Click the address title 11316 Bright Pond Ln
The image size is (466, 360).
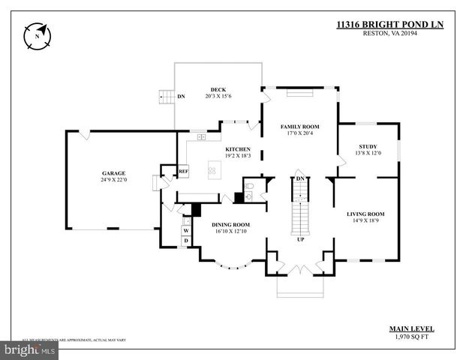click(389, 25)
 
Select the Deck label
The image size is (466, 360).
click(218, 89)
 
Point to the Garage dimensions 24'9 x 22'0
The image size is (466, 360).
click(114, 180)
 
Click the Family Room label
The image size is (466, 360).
click(300, 127)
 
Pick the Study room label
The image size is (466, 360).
click(368, 146)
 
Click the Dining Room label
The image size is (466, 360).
click(231, 224)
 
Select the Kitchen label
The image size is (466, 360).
click(238, 148)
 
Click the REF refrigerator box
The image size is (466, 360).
click(183, 172)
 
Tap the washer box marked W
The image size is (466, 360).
click(186, 230)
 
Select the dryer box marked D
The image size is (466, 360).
click(186, 241)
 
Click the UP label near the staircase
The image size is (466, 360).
click(301, 239)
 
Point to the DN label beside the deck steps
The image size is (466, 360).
click(182, 97)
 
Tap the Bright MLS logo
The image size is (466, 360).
click(29, 349)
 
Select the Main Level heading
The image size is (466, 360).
click(410, 328)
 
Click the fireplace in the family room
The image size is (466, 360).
click(300, 94)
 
